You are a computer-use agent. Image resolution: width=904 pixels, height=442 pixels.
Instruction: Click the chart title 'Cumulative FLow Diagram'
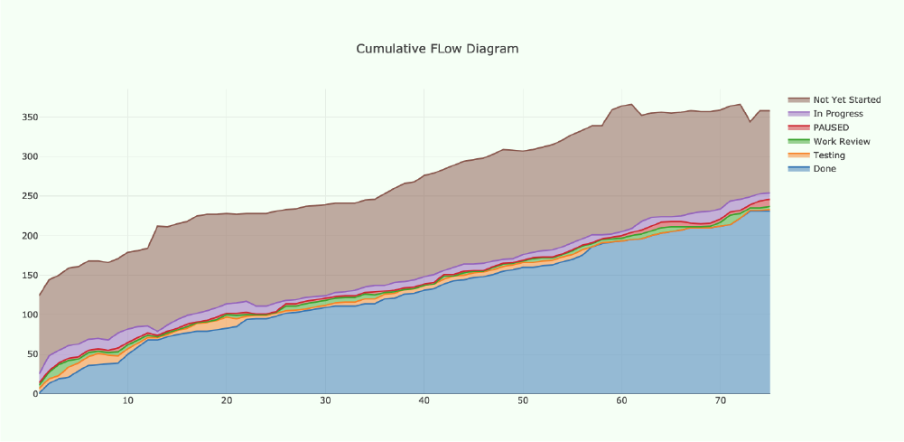(437, 49)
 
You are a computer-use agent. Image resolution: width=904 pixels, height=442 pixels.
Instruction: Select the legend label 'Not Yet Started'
(846, 100)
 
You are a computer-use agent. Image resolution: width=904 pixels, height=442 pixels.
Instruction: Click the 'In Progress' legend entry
(837, 114)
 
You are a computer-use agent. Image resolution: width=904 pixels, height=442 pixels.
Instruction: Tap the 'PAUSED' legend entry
(831, 127)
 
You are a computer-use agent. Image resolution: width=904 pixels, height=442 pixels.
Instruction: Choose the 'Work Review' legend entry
(842, 142)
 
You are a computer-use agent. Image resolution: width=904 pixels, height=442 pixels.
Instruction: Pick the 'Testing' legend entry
(829, 155)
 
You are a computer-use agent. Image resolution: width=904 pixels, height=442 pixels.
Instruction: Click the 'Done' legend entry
(825, 169)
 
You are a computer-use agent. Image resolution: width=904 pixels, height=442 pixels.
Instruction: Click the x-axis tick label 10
(127, 401)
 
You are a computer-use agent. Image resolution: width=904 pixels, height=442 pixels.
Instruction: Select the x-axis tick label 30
(325, 401)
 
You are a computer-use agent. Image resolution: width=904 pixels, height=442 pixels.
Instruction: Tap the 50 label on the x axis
(523, 401)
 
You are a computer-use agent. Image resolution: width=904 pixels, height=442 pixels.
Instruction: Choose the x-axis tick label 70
(720, 401)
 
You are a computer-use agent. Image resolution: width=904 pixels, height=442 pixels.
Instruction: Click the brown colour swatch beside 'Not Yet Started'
(798, 100)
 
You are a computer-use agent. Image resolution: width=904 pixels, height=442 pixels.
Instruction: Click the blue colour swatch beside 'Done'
(798, 169)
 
